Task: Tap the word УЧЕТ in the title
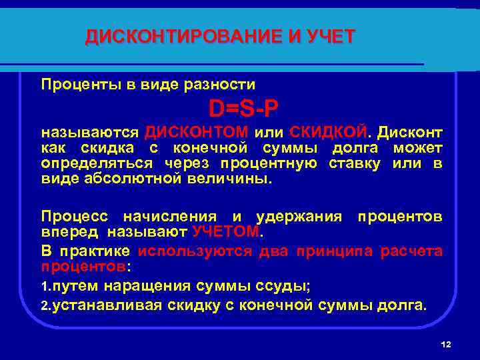click(x=331, y=37)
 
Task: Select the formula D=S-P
click(x=243, y=108)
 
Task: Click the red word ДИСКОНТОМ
click(x=197, y=130)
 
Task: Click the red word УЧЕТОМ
click(x=227, y=231)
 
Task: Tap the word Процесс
click(x=75, y=217)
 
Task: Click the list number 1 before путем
click(x=45, y=287)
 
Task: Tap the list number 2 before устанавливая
click(x=45, y=305)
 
